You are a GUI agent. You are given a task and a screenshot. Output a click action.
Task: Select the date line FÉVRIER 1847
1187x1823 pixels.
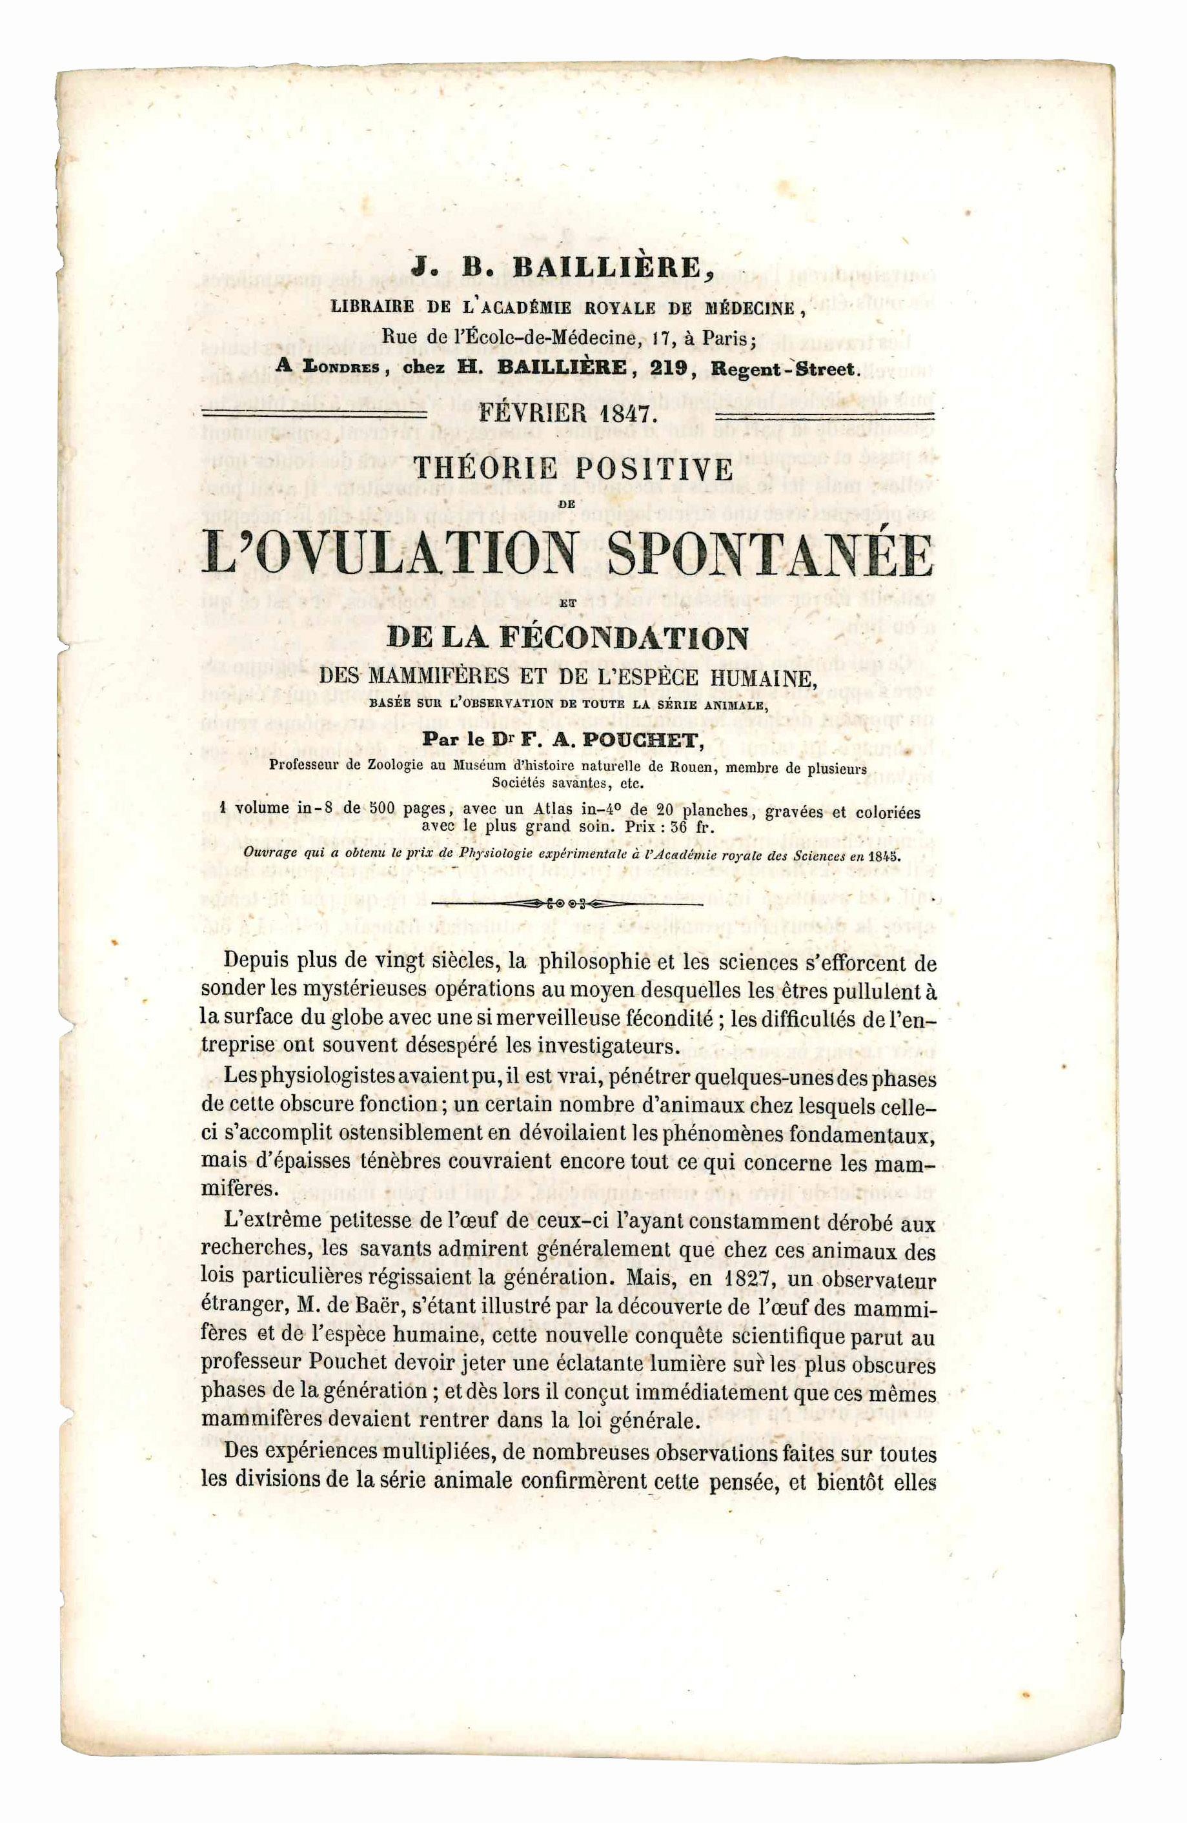(566, 414)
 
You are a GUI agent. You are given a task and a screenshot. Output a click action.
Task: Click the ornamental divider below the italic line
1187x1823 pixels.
(566, 904)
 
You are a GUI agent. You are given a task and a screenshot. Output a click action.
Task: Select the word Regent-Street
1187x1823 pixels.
(783, 369)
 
